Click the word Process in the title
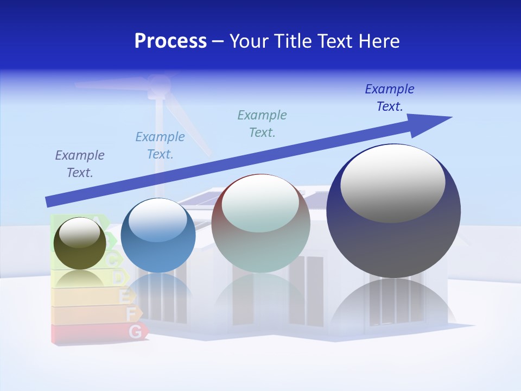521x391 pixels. point(170,41)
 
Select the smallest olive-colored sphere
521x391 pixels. point(80,243)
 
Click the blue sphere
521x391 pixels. point(158,236)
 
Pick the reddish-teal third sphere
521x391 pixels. point(260,224)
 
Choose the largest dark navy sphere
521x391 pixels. point(393,212)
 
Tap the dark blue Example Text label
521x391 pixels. point(390,98)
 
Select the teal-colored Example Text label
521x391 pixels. point(262,124)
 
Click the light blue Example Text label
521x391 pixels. point(160,146)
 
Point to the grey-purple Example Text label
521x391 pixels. point(80,164)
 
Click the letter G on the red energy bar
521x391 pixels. point(136,331)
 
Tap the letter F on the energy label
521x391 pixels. point(131,313)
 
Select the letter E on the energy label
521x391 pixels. point(124,297)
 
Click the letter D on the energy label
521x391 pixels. point(118,278)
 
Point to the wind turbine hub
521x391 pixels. point(158,84)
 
